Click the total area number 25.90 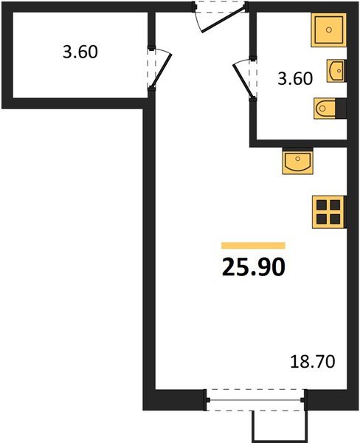pyautogui.click(x=253, y=267)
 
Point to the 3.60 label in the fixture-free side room pyautogui.click(x=79, y=52)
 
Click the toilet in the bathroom pyautogui.click(x=325, y=109)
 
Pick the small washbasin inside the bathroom pyautogui.click(x=336, y=71)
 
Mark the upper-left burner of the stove pyautogui.click(x=321, y=205)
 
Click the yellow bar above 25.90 pyautogui.click(x=253, y=245)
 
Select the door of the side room pyautogui.click(x=162, y=68)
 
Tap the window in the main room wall pyautogui.click(x=255, y=402)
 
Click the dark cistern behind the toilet pyautogui.click(x=340, y=109)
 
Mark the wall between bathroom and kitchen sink pyautogui.click(x=299, y=140)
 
